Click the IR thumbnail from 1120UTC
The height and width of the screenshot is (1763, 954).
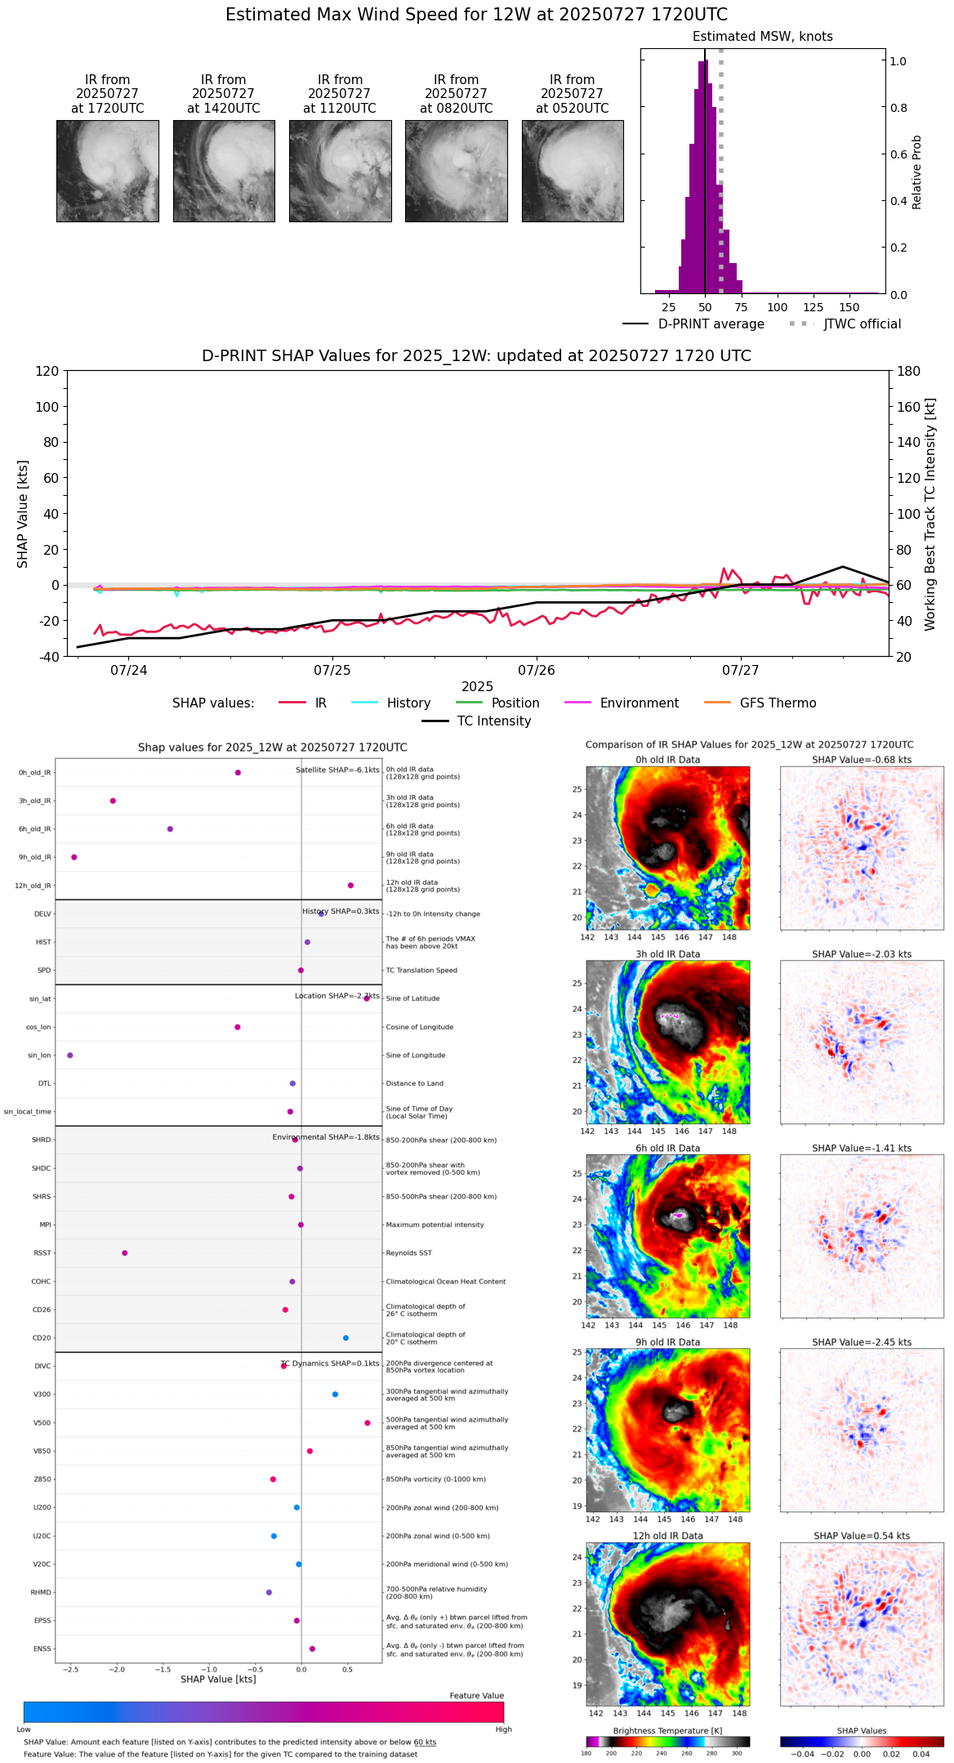[340, 171]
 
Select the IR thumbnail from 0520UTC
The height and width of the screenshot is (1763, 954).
[573, 171]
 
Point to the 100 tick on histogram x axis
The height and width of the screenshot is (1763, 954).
[777, 307]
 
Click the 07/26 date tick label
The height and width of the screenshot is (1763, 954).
[537, 671]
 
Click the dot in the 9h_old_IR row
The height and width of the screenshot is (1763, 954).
[74, 857]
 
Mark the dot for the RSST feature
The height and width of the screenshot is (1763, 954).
[125, 1252]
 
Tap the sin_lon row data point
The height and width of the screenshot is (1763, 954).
[70, 1055]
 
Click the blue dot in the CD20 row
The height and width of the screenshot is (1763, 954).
[345, 1337]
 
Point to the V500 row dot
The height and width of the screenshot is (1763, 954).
[368, 1422]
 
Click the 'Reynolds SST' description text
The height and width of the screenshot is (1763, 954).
[408, 1252]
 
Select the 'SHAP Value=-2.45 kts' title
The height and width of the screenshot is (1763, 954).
[862, 1342]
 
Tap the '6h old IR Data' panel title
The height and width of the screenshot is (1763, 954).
[667, 1148]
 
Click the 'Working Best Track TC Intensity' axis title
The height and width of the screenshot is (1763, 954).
[929, 515]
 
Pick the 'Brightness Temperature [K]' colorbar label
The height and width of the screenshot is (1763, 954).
[667, 1730]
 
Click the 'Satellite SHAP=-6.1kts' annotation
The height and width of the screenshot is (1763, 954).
[337, 770]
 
